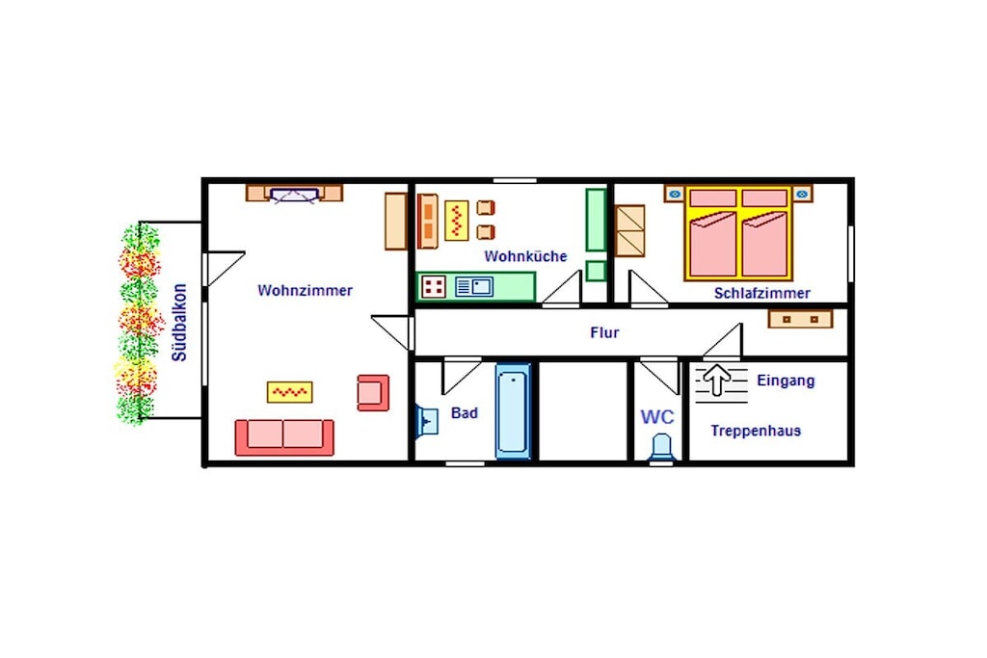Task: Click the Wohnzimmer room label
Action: (305, 291)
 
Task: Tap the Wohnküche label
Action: (525, 256)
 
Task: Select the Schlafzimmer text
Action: (761, 293)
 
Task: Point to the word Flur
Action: (604, 332)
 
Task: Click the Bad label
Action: (465, 413)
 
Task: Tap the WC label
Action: (657, 416)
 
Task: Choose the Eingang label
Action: (786, 381)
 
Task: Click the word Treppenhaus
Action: (756, 431)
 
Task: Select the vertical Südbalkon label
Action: (180, 323)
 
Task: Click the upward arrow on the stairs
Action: (716, 381)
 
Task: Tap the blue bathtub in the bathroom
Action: (513, 410)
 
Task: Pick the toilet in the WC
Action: (661, 447)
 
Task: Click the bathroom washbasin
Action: (427, 420)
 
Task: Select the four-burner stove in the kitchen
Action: (434, 287)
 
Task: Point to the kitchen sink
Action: (474, 287)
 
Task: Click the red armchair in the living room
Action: (373, 393)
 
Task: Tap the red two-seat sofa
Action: (284, 437)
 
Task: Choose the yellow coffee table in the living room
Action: (289, 392)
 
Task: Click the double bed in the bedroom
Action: (737, 233)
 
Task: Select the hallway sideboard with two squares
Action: (800, 319)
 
